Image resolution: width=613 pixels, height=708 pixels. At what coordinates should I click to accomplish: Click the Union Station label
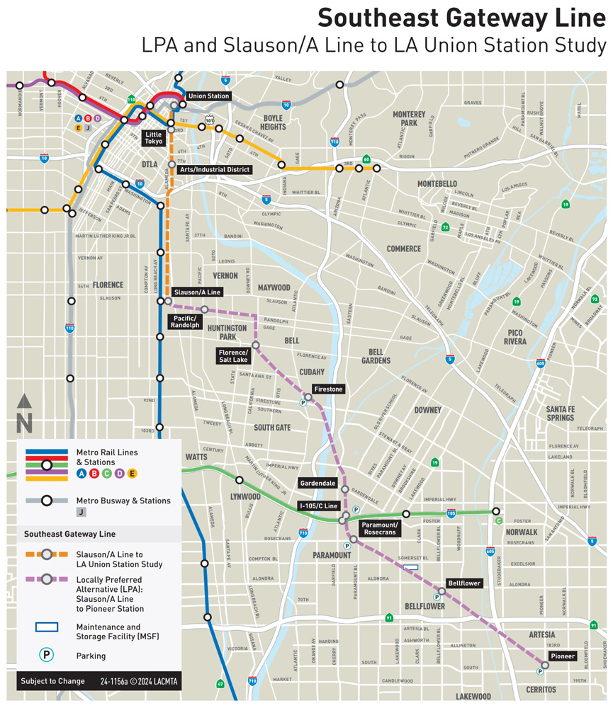click(208, 96)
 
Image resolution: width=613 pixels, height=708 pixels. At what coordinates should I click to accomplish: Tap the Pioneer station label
click(559, 656)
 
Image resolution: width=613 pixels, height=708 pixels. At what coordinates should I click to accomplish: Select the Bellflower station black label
click(464, 583)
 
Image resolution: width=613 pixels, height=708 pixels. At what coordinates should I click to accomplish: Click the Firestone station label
click(328, 389)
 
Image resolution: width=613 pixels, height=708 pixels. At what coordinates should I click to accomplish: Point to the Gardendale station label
click(318, 483)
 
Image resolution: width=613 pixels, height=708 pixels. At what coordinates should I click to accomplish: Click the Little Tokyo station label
click(154, 137)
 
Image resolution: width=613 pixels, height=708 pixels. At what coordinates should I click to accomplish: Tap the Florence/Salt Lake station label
click(233, 356)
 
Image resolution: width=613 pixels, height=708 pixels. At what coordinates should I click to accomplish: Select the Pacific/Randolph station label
click(186, 322)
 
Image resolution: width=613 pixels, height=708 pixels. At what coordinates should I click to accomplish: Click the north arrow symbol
click(25, 413)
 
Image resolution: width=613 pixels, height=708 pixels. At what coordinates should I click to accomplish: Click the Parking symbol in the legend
click(46, 655)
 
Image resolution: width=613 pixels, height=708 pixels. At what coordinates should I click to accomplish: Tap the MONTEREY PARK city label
click(409, 118)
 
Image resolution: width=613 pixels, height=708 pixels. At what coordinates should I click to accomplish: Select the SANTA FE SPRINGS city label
click(559, 413)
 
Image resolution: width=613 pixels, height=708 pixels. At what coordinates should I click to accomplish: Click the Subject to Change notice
click(52, 681)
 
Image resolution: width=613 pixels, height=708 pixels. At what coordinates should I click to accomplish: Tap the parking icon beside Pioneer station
click(540, 671)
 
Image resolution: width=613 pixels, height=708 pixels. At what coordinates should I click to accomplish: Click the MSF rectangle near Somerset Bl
click(410, 566)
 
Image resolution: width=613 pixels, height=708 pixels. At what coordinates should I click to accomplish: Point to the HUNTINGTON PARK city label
click(227, 332)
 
